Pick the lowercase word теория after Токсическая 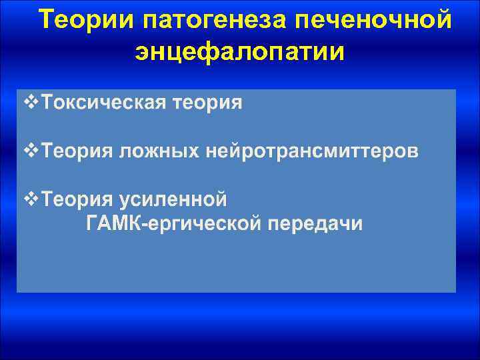click(x=209, y=103)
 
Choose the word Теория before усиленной click(x=77, y=199)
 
